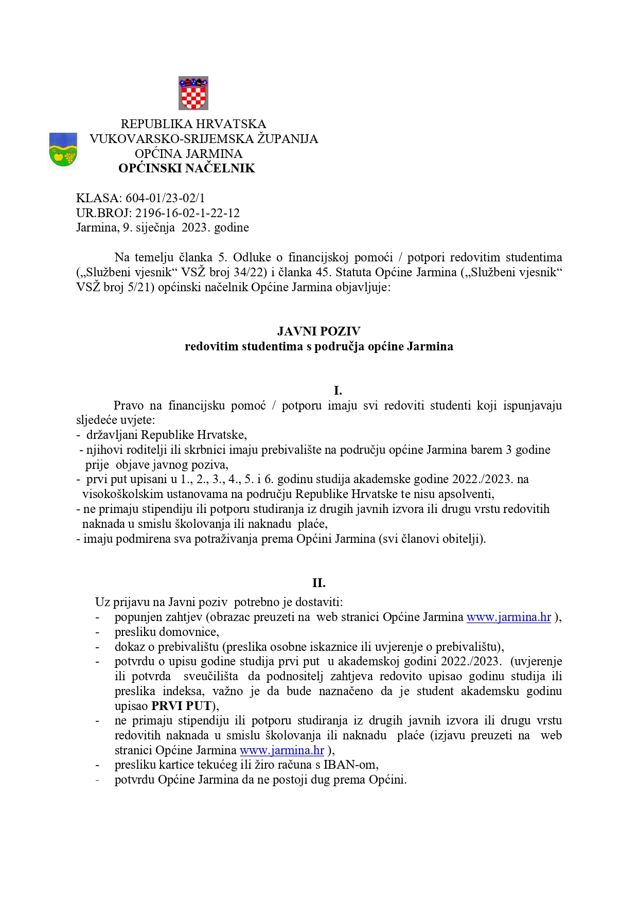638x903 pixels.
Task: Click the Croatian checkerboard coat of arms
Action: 193,93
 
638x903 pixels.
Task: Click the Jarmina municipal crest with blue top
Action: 63,150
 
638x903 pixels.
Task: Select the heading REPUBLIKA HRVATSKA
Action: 193,124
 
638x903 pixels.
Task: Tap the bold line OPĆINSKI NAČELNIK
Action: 186,168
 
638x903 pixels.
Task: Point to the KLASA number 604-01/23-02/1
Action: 165,198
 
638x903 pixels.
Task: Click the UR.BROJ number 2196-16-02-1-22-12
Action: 187,213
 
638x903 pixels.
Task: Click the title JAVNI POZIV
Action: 318,331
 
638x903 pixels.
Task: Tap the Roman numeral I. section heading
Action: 338,391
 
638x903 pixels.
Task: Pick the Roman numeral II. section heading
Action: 318,583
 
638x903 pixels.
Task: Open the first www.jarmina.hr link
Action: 508,617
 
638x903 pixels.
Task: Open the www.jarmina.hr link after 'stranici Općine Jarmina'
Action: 282,750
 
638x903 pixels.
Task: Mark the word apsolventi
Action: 466,494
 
